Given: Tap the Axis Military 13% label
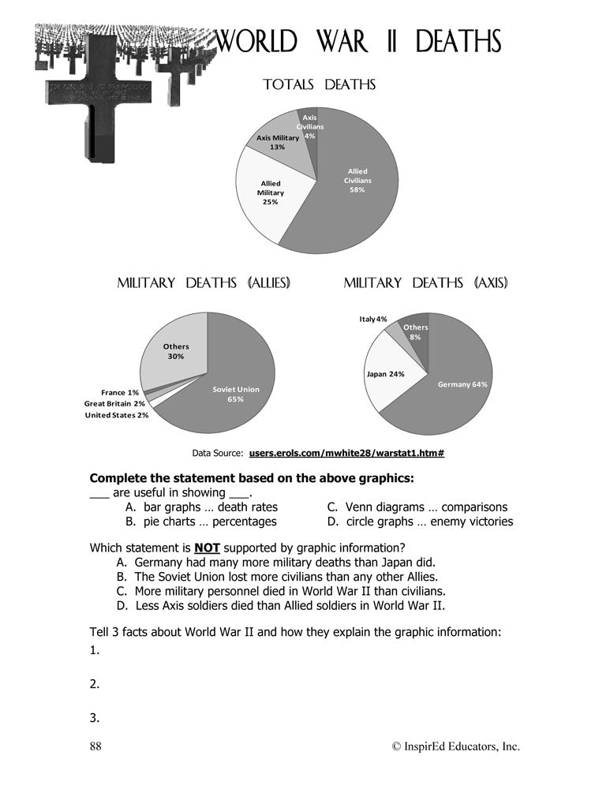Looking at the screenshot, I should click(x=278, y=142).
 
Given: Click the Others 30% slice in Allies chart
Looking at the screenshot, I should click(x=176, y=351).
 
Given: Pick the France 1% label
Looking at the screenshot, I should click(x=120, y=392).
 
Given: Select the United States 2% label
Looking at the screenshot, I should click(x=117, y=415).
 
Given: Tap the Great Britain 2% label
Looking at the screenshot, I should click(x=114, y=403).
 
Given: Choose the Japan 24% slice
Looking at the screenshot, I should click(x=385, y=374).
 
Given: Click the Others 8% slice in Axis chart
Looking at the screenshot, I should click(x=415, y=332).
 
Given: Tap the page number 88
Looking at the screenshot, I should click(x=96, y=746).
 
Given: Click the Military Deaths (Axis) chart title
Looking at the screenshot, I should click(x=425, y=282).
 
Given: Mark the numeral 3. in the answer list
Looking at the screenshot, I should click(x=95, y=718).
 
